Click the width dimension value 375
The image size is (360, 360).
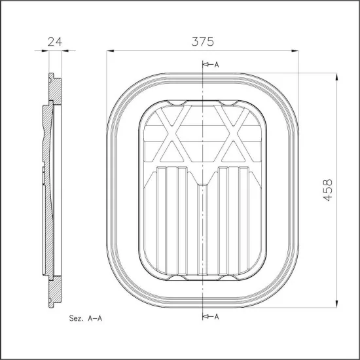[x=203, y=41]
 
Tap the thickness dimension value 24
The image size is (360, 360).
[x=55, y=41]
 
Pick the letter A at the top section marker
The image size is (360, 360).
[x=216, y=64]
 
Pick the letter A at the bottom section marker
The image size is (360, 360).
[x=216, y=316]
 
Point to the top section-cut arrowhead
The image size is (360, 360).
[x=207, y=64]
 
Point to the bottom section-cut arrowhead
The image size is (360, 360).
[x=207, y=316]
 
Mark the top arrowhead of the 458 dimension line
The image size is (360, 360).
[x=336, y=75]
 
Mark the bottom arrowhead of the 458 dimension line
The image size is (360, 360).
[x=336, y=304]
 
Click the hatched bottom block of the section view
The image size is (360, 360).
[x=56, y=288]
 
